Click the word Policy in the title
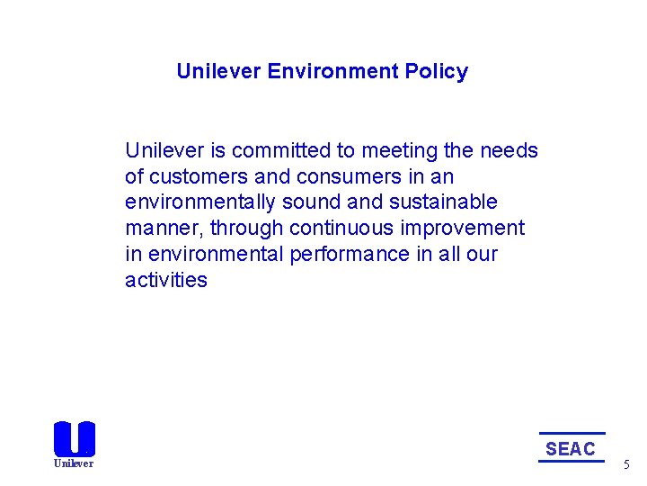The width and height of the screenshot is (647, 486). [x=439, y=72]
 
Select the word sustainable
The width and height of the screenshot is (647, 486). [x=443, y=202]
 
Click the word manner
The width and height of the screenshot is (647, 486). [x=164, y=229]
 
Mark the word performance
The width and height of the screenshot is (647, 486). [x=350, y=255]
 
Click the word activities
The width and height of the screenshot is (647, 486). [x=166, y=281]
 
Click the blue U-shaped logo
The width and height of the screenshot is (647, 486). [x=74, y=438]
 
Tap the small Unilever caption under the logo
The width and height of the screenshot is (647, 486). [x=74, y=463]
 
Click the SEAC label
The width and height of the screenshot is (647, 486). [x=571, y=448]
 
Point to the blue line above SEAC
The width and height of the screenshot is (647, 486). [x=572, y=434]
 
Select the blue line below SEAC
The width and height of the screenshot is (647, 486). [x=572, y=462]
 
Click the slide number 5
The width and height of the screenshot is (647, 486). [x=627, y=465]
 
